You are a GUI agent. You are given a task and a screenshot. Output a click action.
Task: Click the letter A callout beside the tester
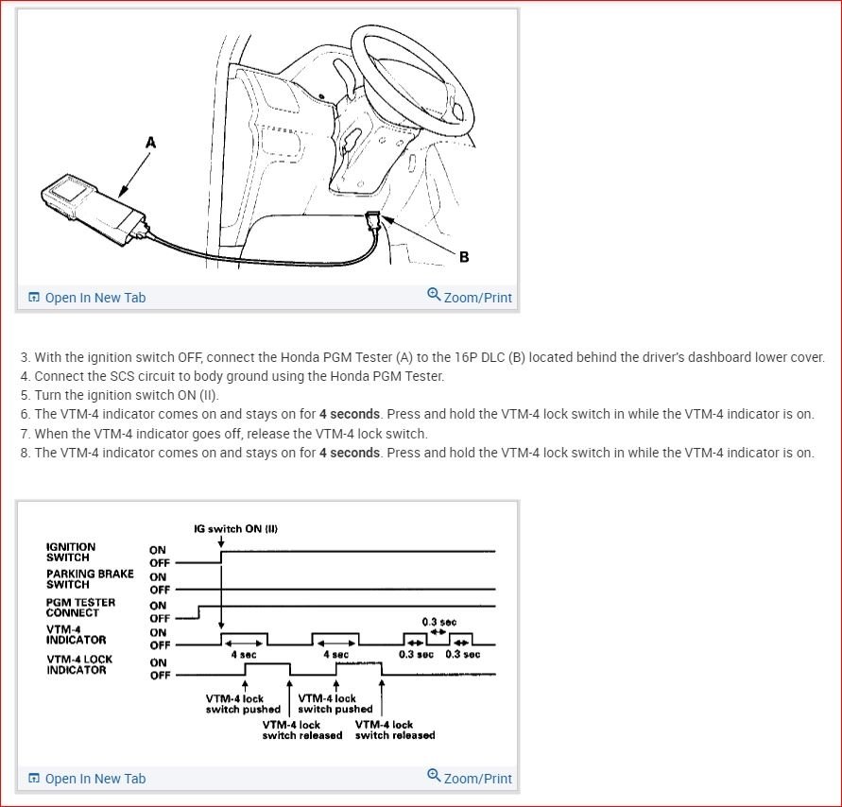pyautogui.click(x=150, y=143)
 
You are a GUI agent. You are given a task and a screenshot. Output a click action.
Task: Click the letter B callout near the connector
pyautogui.click(x=464, y=256)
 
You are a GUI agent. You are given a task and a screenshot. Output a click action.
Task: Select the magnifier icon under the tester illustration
pyautogui.click(x=434, y=295)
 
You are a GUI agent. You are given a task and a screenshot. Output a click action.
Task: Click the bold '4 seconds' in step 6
pyautogui.click(x=349, y=414)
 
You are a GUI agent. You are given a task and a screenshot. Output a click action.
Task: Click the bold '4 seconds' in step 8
pyautogui.click(x=349, y=453)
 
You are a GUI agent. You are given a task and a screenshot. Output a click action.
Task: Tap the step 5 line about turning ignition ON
pyautogui.click(x=119, y=395)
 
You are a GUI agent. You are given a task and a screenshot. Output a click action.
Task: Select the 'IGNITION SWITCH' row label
pyautogui.click(x=71, y=552)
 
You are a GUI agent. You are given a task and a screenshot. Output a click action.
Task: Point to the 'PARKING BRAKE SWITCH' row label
pyautogui.click(x=90, y=579)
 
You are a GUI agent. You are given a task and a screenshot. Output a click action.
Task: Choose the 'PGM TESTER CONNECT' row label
pyautogui.click(x=80, y=607)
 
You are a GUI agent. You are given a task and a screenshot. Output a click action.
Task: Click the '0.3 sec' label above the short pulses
pyautogui.click(x=438, y=622)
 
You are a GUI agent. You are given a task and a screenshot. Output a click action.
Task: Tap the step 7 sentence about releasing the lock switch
pyautogui.click(x=231, y=434)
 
